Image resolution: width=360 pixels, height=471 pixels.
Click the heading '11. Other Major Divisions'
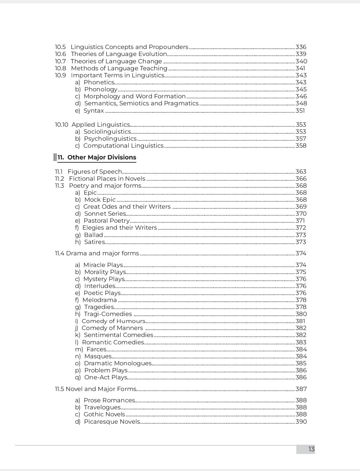coord(97,157)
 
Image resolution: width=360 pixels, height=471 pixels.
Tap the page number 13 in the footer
coord(311,449)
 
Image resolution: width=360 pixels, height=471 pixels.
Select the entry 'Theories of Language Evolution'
coord(119,54)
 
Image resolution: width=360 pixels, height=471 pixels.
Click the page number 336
coord(301,47)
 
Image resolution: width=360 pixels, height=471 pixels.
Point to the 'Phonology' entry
coord(101,89)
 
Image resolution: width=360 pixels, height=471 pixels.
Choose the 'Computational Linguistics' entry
coord(123,146)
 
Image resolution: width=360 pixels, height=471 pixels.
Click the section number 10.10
coord(61,125)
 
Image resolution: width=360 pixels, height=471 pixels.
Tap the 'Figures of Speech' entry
coord(95,172)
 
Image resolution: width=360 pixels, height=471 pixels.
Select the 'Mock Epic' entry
coord(100,200)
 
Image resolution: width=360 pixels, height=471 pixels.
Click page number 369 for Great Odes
coord(301,207)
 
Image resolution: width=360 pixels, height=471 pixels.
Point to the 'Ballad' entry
coord(93,235)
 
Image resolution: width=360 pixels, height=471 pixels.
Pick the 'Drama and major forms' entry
coord(102,253)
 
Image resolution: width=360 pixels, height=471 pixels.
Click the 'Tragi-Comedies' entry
coord(108,314)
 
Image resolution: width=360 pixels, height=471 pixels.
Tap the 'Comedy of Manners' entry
coord(112,328)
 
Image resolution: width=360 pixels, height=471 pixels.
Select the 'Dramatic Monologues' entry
coord(118,363)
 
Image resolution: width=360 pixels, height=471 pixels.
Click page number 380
coord(301,314)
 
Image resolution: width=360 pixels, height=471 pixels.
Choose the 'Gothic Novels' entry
coord(104,414)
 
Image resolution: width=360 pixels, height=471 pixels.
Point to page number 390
coord(301,422)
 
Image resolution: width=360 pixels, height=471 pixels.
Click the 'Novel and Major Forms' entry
coord(101,389)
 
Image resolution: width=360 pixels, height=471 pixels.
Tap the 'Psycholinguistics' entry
coord(110,139)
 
